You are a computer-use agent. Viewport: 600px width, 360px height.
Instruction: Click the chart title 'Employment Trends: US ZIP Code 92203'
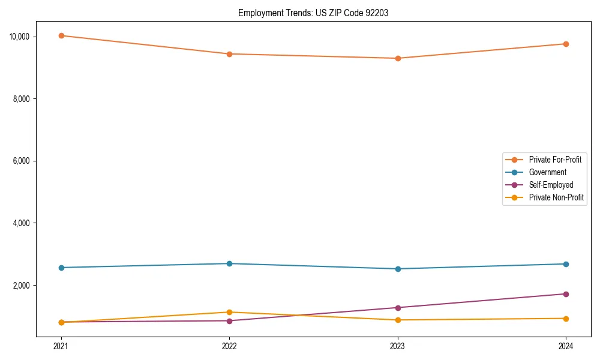(x=313, y=13)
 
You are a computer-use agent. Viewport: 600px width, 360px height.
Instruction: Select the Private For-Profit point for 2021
(x=61, y=35)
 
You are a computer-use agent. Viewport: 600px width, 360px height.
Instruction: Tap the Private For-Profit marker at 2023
(x=397, y=58)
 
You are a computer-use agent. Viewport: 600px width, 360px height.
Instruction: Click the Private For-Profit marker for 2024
(x=566, y=44)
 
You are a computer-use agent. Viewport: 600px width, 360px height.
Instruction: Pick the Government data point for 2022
(x=229, y=263)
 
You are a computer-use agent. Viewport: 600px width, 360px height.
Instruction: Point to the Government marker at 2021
(x=61, y=268)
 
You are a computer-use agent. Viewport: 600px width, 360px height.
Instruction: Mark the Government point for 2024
(x=566, y=264)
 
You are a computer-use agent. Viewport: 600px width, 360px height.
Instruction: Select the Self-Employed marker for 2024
(x=566, y=294)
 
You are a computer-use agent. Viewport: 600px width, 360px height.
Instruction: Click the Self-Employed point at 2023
(x=397, y=308)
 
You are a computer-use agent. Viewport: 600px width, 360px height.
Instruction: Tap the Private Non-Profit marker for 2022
(x=229, y=312)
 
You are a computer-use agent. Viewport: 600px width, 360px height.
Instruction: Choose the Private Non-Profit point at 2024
(x=566, y=319)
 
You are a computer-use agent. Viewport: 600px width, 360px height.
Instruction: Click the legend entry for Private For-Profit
(x=555, y=160)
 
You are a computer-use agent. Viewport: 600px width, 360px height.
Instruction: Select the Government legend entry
(x=547, y=172)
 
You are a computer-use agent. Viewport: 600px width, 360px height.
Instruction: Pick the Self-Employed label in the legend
(x=551, y=185)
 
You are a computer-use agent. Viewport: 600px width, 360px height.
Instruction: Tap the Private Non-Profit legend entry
(x=556, y=197)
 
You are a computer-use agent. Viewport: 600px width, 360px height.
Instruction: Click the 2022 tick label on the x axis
(x=229, y=346)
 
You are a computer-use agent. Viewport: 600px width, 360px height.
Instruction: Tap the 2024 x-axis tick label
(x=566, y=346)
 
